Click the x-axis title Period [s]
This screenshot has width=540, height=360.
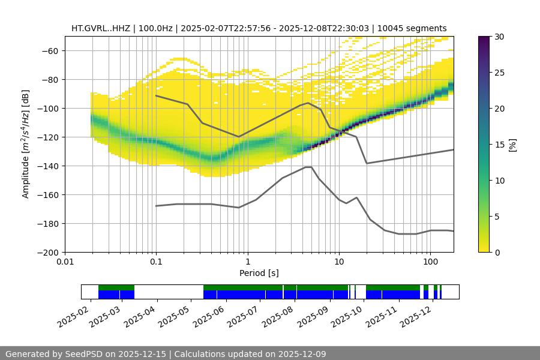tap(259, 273)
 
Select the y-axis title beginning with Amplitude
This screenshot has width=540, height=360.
tap(26, 144)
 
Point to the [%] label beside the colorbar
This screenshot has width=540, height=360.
tap(513, 144)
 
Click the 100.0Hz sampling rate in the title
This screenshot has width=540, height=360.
tap(157, 28)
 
